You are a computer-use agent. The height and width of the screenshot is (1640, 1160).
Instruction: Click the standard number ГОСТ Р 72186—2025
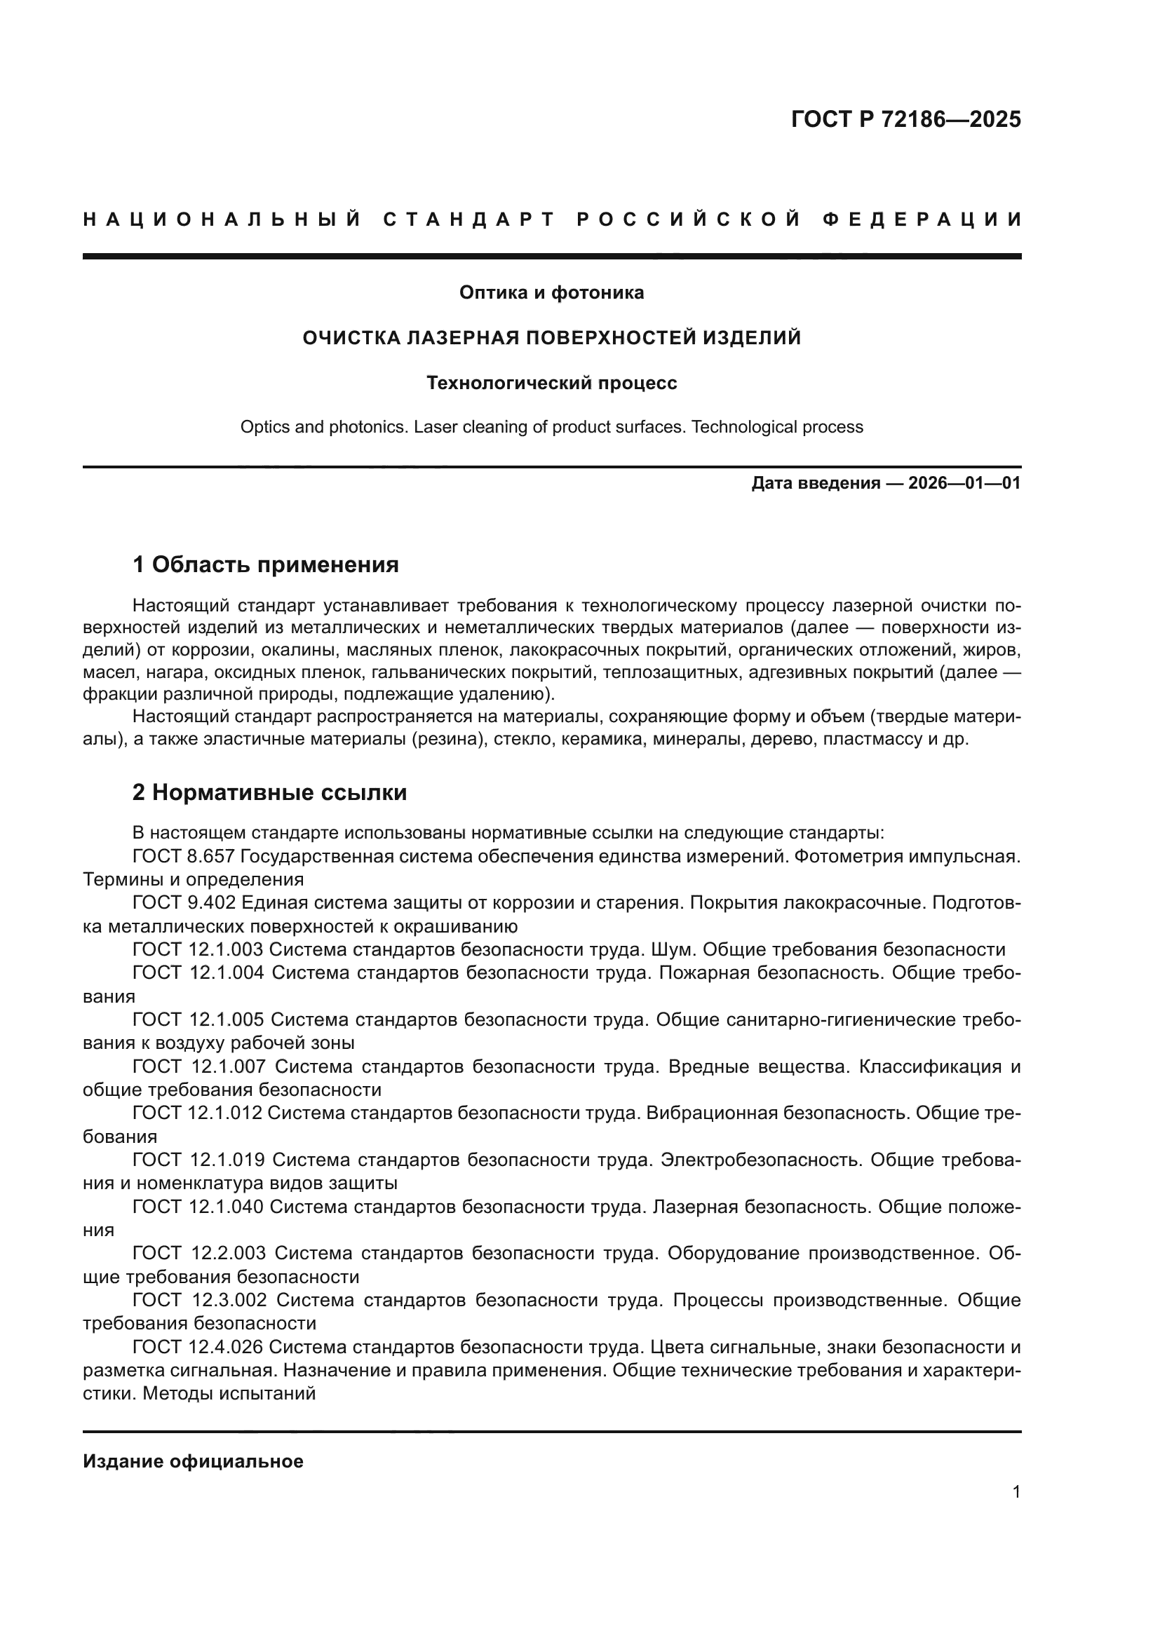point(905,119)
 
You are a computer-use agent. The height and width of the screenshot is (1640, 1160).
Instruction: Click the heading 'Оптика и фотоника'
point(551,292)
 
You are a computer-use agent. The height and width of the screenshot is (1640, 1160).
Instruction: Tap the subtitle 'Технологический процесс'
point(551,383)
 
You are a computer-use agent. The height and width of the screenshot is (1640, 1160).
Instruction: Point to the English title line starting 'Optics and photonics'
point(551,427)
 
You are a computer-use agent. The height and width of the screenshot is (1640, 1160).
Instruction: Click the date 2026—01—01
point(964,484)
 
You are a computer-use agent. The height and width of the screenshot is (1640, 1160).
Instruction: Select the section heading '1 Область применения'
point(265,564)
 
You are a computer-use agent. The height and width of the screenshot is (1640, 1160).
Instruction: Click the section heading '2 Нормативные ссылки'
point(269,792)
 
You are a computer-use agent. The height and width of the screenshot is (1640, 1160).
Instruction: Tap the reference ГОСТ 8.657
point(184,856)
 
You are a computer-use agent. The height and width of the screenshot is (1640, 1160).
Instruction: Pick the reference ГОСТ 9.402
point(184,903)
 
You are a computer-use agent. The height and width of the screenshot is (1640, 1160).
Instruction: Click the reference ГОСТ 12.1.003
point(198,950)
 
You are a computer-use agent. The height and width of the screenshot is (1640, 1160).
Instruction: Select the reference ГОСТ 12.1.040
point(198,1207)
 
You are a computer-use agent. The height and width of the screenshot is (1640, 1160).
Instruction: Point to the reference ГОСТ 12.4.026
point(198,1347)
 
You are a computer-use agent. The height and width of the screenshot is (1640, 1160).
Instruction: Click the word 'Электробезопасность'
point(761,1160)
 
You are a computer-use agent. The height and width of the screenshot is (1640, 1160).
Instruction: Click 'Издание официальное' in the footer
point(193,1461)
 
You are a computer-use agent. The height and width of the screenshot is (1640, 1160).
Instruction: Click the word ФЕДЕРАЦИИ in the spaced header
point(922,219)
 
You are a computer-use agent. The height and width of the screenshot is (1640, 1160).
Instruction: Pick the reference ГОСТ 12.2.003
point(198,1254)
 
